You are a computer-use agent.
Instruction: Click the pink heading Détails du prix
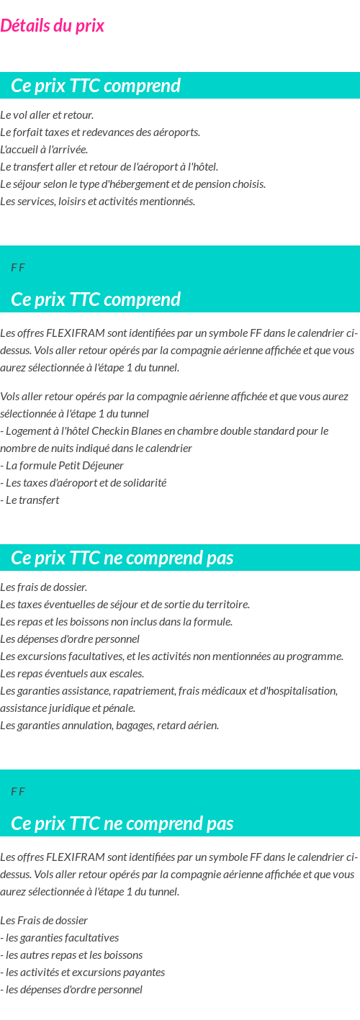pyautogui.click(x=53, y=26)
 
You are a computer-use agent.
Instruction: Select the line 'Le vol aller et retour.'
pyautogui.click(x=47, y=115)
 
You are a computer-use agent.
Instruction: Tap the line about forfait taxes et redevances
pyautogui.click(x=100, y=132)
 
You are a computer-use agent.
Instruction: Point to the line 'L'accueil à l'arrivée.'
pyautogui.click(x=44, y=150)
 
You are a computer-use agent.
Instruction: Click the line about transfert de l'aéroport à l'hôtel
pyautogui.click(x=109, y=167)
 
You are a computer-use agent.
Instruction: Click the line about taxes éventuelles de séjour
pyautogui.click(x=125, y=605)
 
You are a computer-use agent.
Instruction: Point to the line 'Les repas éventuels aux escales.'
pyautogui.click(x=72, y=674)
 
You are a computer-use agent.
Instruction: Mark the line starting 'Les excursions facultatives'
pyautogui.click(x=171, y=656)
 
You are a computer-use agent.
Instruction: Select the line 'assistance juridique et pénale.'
pyautogui.click(x=68, y=708)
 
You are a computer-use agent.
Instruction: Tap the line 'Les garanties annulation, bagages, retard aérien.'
pyautogui.click(x=109, y=726)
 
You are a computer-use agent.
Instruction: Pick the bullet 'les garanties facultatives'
pyautogui.click(x=61, y=938)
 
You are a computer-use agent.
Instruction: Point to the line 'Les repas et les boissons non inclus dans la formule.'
pyautogui.click(x=116, y=622)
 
